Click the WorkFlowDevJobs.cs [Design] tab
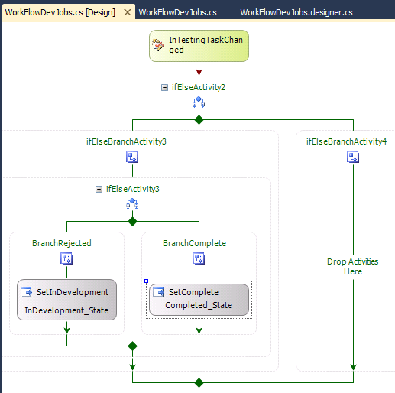point(60,13)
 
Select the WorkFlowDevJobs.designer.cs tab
point(296,13)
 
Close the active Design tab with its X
point(128,13)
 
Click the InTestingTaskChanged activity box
point(199,45)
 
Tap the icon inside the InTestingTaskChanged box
point(159,45)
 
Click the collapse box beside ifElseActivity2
point(164,87)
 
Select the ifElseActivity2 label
point(198,87)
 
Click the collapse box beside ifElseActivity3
point(99,189)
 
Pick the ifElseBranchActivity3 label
point(126,141)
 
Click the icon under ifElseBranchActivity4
point(353,157)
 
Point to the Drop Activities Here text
point(352,267)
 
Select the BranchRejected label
point(61,243)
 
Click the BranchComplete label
point(194,243)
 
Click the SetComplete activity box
point(199,299)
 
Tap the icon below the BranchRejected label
point(66,258)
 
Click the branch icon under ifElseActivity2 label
point(199,102)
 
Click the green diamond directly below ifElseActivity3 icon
point(132,221)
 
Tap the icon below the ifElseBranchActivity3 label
point(132,157)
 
